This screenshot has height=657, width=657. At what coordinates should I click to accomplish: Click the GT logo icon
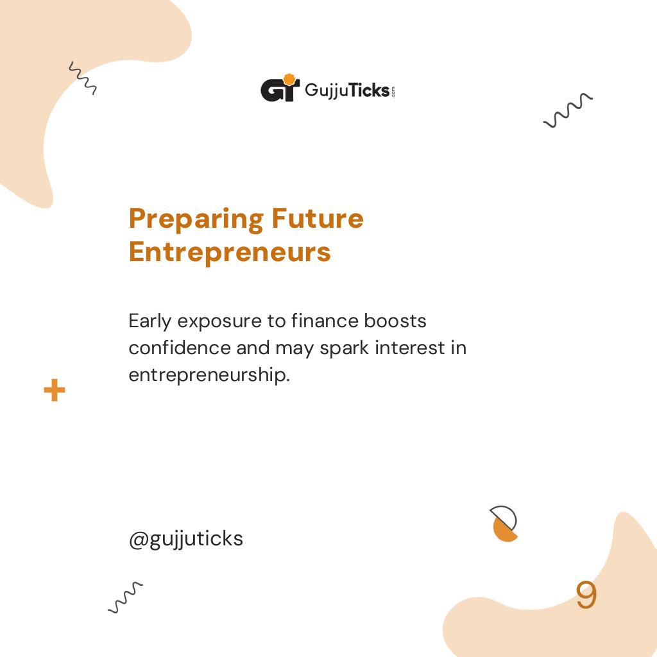280,89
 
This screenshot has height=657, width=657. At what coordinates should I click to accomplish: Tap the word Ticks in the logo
367,90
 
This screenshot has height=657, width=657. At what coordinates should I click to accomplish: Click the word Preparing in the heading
196,219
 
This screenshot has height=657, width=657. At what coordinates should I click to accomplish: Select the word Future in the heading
317,219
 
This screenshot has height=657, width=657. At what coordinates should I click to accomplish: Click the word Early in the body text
150,320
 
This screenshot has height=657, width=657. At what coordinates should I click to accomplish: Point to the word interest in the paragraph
410,347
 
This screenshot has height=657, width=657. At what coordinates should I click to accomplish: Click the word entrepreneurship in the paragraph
209,375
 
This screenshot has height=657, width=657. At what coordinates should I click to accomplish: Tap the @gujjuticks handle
186,539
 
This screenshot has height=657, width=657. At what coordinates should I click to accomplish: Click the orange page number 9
586,596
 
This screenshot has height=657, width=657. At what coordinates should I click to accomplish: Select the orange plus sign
55,390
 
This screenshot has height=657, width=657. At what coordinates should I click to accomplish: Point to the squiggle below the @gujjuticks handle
125,597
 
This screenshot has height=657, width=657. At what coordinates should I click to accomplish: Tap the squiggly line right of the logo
568,110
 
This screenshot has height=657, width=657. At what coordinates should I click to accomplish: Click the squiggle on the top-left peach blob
82,78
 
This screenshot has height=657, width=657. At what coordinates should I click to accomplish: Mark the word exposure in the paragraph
220,321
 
